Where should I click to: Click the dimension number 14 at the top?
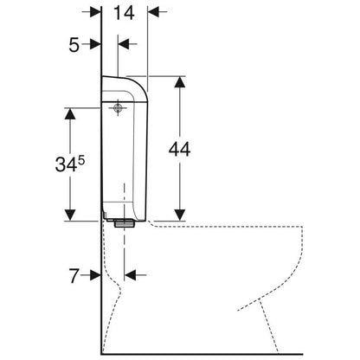click(124, 13)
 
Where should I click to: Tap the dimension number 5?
click(74, 45)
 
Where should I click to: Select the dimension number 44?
click(179, 149)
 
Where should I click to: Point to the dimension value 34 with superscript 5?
click(70, 164)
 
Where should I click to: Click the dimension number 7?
click(74, 276)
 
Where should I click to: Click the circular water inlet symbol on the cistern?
click(118, 108)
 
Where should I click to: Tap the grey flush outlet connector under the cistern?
click(125, 223)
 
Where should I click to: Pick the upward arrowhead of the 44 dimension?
click(180, 82)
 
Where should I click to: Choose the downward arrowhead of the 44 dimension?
click(180, 215)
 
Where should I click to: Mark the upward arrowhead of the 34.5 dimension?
click(70, 113)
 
